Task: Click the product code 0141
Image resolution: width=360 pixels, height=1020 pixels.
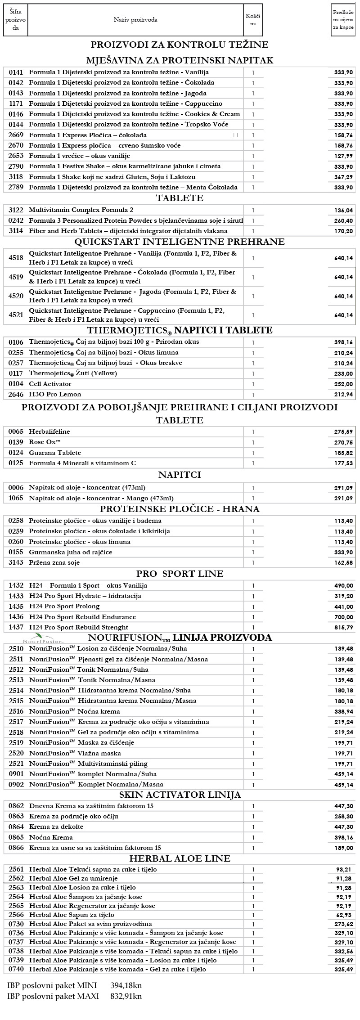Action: click(15, 72)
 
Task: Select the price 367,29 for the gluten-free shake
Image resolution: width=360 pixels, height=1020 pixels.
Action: click(343, 177)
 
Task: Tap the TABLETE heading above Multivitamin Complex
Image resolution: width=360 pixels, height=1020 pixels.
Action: click(180, 198)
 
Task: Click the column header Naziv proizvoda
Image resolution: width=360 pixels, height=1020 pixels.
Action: click(135, 20)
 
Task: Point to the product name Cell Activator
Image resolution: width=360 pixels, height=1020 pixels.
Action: click(50, 384)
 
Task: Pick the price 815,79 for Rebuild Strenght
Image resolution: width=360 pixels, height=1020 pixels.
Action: click(343, 628)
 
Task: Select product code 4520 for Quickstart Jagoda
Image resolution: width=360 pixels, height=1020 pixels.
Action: click(15, 296)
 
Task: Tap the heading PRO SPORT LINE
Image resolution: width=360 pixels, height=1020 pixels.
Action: click(180, 574)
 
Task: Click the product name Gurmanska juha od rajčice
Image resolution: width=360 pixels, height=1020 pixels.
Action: click(71, 552)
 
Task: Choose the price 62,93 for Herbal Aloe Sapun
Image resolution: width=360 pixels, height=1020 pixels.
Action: click(346, 915)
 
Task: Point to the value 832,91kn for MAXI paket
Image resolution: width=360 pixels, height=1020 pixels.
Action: click(126, 996)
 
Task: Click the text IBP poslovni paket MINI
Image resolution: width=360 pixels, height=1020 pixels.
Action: click(52, 985)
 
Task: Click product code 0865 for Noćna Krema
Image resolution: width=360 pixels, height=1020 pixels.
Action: click(15, 837)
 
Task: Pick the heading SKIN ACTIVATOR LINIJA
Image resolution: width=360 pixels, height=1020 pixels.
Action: click(180, 795)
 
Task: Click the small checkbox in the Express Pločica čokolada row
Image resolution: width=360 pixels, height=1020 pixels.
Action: click(235, 135)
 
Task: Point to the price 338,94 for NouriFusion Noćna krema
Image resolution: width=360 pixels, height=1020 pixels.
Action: click(343, 712)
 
